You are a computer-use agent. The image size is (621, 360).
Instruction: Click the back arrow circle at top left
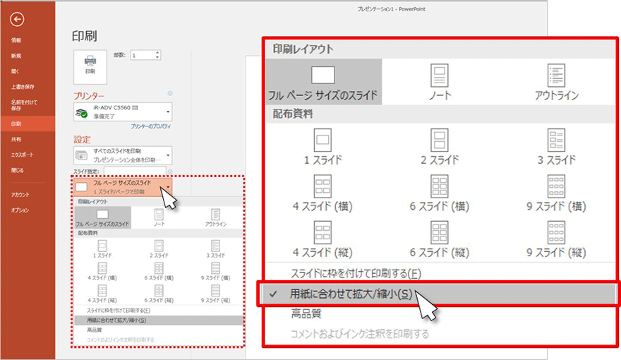click(18, 20)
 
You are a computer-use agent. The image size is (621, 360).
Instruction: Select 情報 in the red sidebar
click(16, 40)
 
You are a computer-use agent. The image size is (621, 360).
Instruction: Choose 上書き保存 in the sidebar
click(23, 87)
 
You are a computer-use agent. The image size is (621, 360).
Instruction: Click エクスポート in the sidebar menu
click(22, 155)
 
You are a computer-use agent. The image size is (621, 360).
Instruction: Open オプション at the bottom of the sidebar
click(20, 210)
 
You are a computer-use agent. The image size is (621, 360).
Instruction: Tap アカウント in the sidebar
click(20, 194)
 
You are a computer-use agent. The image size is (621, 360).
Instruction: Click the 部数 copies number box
click(145, 55)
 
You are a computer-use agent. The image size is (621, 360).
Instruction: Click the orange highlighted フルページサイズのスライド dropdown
click(123, 187)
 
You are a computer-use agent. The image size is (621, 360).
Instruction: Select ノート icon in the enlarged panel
click(440, 81)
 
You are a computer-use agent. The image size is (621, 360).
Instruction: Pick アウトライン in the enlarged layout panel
click(557, 81)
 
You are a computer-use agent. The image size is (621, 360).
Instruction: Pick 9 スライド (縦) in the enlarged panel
click(557, 238)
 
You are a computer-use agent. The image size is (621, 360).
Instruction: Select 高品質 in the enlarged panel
click(307, 314)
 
